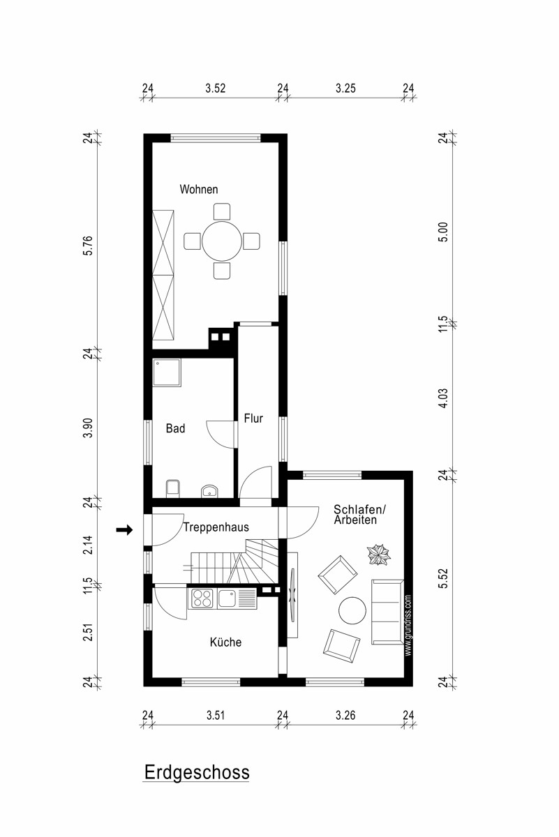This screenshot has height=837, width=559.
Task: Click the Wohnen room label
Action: (x=199, y=189)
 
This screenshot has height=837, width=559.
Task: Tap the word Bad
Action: (x=175, y=428)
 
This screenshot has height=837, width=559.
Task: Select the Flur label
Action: (x=253, y=418)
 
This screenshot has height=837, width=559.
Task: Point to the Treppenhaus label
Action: (x=216, y=527)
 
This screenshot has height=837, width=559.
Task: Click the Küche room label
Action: (x=225, y=642)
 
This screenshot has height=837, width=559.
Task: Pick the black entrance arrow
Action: (x=124, y=529)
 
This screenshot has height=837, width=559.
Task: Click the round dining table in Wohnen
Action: (x=222, y=241)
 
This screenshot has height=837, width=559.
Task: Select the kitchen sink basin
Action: (x=227, y=598)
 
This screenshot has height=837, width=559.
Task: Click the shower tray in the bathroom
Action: (x=167, y=372)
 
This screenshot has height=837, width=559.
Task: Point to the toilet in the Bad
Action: (x=172, y=488)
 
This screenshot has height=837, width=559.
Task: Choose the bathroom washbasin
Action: (x=209, y=491)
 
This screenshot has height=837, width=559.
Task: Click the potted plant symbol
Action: (x=378, y=555)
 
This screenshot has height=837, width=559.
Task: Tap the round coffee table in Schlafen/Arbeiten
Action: (x=352, y=610)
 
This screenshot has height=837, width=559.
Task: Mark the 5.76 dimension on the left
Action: (x=87, y=246)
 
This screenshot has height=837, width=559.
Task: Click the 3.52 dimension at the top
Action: (x=216, y=88)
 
